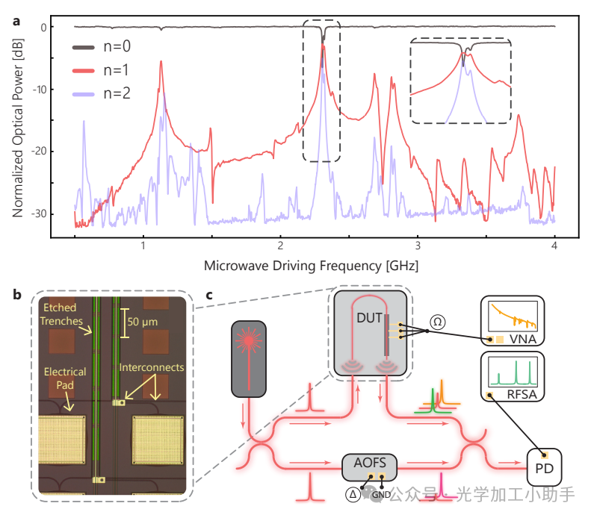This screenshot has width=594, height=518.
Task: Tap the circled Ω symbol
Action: [x=439, y=322]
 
